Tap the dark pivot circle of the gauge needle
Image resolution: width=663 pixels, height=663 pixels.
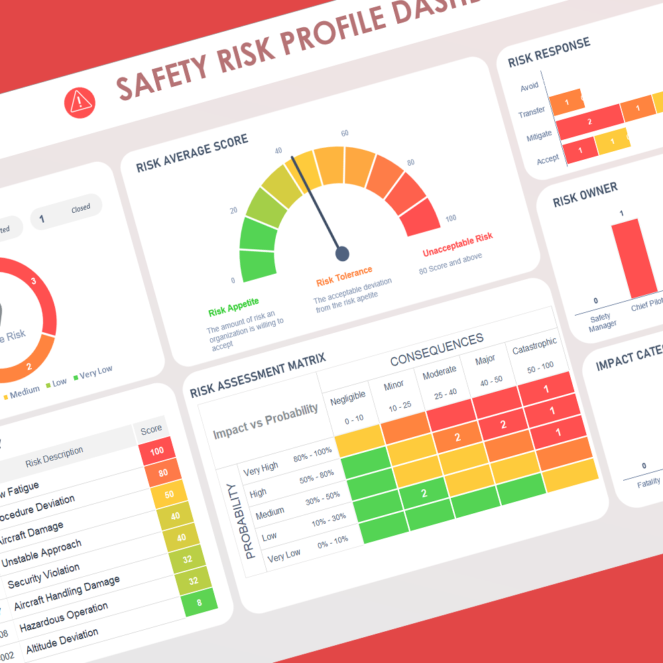[x=342, y=253]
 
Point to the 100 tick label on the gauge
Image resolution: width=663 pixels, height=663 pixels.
[x=451, y=219]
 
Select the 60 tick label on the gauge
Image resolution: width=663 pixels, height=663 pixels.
[x=345, y=133]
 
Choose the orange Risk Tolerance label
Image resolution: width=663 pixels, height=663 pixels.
[x=344, y=276]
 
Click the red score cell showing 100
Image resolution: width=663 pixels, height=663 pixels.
[x=157, y=451]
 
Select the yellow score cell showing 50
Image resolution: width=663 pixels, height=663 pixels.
[x=169, y=495]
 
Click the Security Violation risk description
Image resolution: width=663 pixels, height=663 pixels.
[x=44, y=576]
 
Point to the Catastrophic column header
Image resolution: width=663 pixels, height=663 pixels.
[x=534, y=345]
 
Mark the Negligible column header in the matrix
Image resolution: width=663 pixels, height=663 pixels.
[x=347, y=396]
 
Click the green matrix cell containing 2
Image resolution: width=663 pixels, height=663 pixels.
[x=424, y=493]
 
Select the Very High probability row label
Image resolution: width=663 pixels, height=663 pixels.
[x=261, y=468]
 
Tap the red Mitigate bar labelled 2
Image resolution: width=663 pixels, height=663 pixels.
[x=589, y=122]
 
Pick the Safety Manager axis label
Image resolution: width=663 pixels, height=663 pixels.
[x=602, y=321]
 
